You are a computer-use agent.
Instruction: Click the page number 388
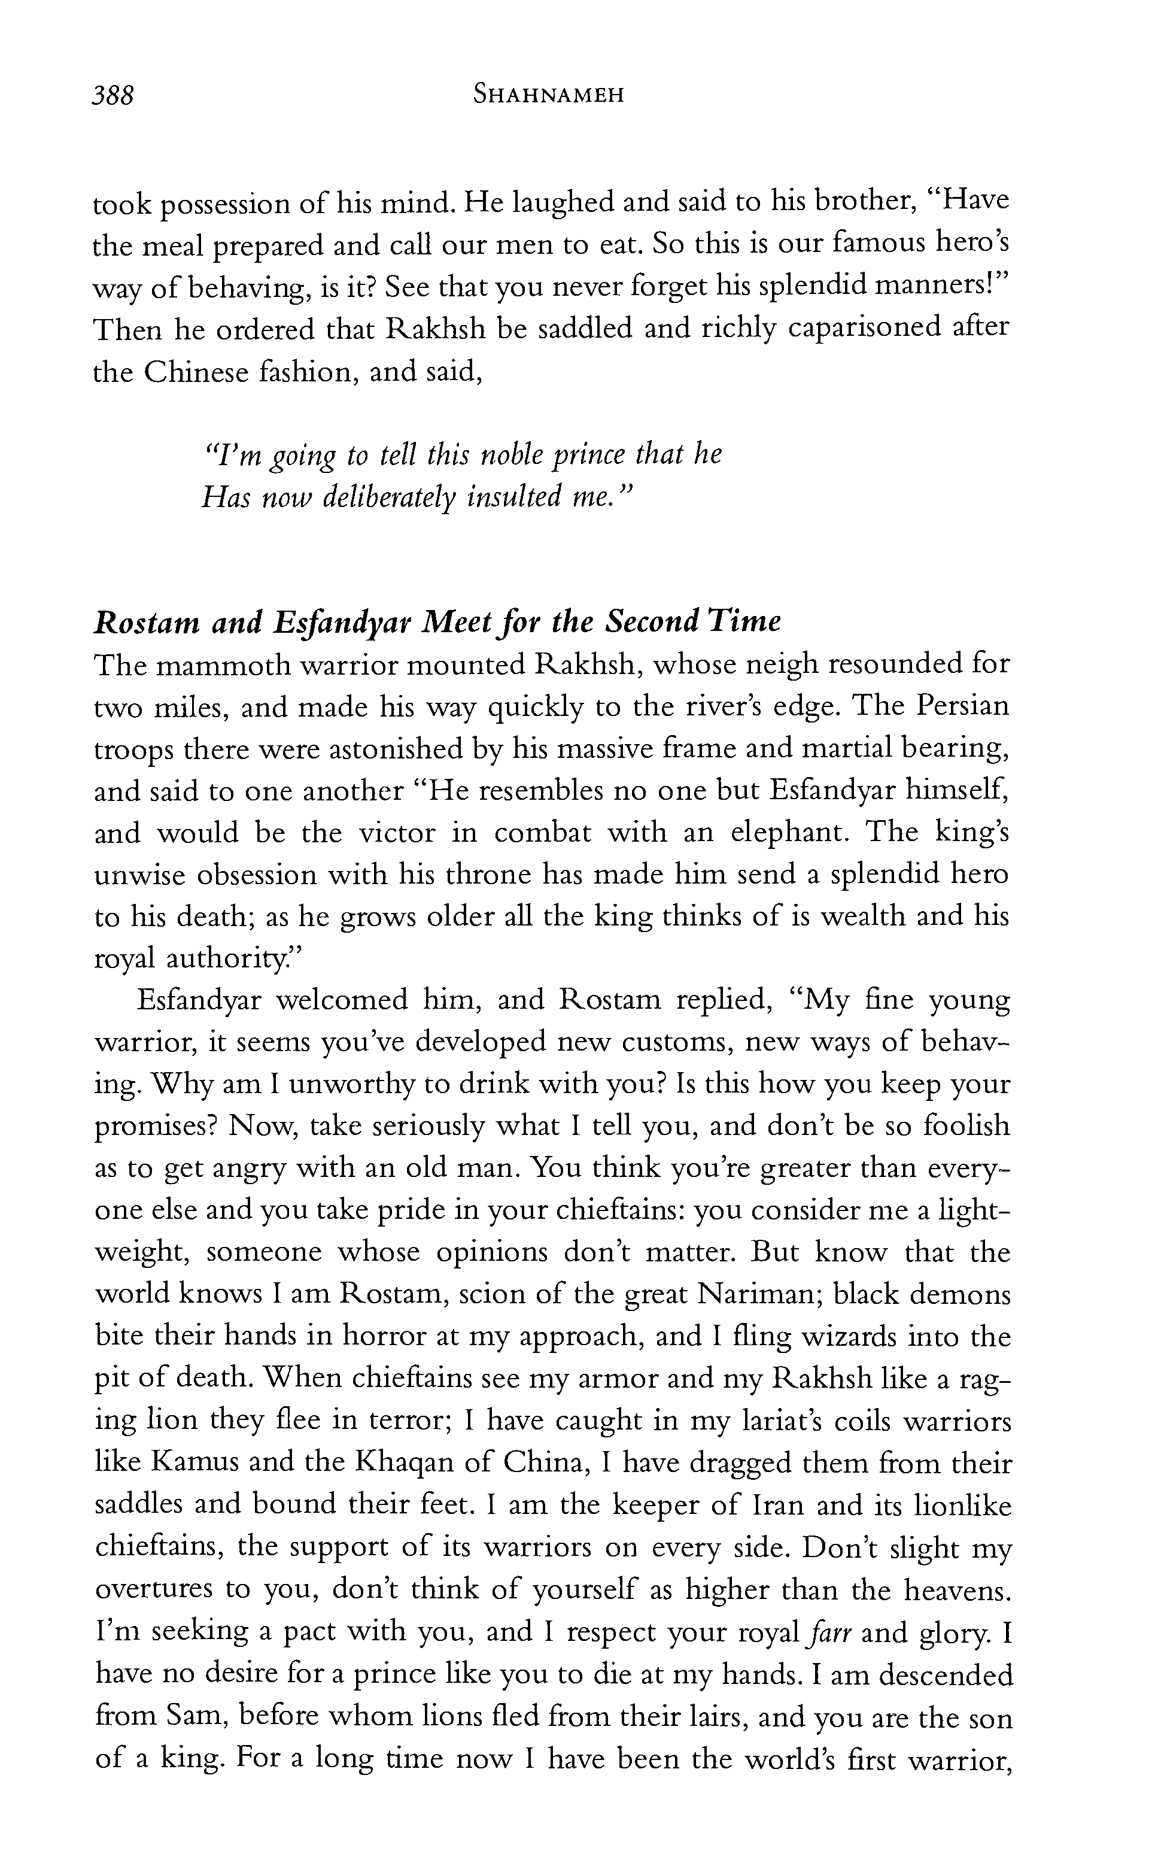(x=113, y=96)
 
